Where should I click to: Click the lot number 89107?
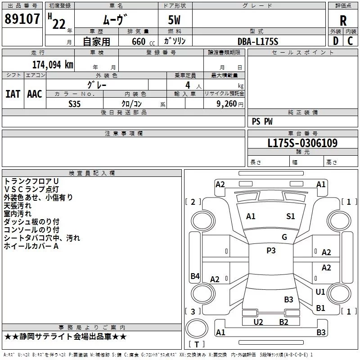[x=22, y=18]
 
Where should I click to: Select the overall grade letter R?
[x=343, y=21]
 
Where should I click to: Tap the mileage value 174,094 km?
[x=53, y=65]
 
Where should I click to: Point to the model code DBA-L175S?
[x=258, y=41]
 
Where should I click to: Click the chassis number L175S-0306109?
[x=302, y=143]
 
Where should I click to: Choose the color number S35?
[x=74, y=104]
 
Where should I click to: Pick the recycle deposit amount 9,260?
[x=226, y=104]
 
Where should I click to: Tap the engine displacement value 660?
[x=139, y=41]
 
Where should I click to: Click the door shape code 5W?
[x=174, y=20]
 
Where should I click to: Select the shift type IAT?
[x=13, y=94]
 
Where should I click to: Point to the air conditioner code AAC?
[x=35, y=94]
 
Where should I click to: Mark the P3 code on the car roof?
[x=271, y=251]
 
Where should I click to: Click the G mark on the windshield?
[x=284, y=237]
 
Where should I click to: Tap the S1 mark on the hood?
[x=290, y=216]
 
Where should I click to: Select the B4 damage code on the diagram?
[x=195, y=276]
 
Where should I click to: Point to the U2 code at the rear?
[x=258, y=322]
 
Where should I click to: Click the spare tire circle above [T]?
[x=197, y=328]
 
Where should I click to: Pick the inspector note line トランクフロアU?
[x=31, y=181]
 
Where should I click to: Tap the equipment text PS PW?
[x=262, y=121]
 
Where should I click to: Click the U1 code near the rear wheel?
[x=320, y=292]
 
